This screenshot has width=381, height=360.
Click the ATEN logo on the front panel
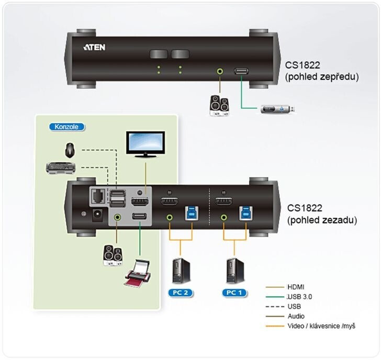(94, 47)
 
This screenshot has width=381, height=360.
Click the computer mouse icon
(69, 150)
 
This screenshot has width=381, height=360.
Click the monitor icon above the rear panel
(145, 144)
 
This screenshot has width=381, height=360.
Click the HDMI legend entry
(296, 287)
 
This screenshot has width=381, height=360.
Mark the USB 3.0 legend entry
(299, 296)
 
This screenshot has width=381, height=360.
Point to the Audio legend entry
(296, 316)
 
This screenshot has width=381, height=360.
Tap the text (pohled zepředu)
(322, 77)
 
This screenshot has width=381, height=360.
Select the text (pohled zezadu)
(321, 220)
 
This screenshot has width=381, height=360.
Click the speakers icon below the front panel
(218, 105)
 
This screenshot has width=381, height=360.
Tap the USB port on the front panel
(242, 71)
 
